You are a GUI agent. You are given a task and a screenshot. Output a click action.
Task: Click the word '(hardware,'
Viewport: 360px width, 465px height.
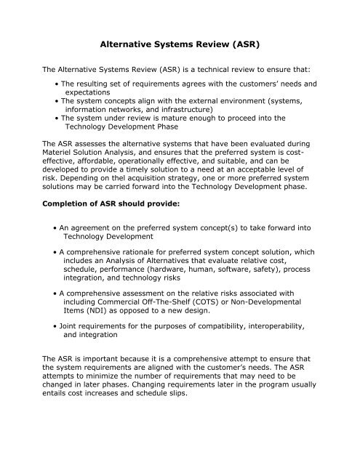188,283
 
